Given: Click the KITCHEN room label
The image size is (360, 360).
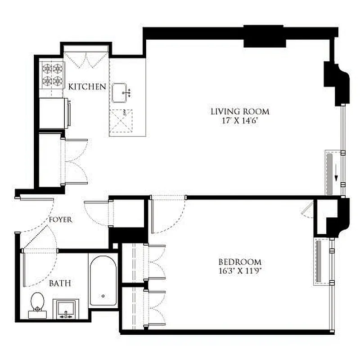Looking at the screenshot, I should click(87, 86).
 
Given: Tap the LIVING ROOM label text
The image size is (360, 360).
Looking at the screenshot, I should click(240, 111).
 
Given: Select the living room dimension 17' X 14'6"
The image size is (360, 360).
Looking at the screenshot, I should click(240, 120).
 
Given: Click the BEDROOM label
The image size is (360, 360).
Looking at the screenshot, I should click(239, 262).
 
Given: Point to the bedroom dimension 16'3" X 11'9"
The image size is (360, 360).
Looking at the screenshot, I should click(239, 270).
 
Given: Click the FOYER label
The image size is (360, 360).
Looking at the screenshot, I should click(61, 220).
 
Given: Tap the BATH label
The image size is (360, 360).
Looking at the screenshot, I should click(59, 283).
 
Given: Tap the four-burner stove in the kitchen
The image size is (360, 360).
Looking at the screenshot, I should click(52, 75).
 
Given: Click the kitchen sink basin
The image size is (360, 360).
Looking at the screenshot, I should click(121, 93).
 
